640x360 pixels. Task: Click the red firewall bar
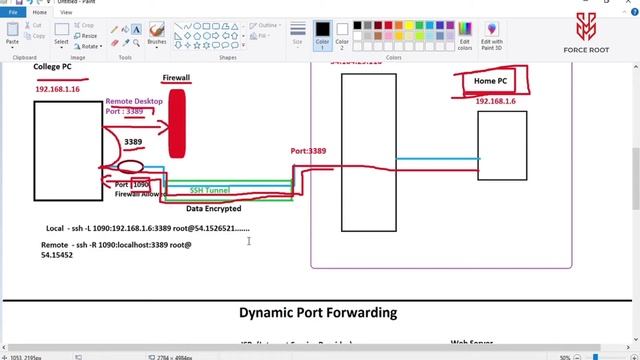(x=177, y=124)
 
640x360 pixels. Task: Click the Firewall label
(x=176, y=77)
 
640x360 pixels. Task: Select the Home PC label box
(x=489, y=81)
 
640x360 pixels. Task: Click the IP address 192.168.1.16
(x=57, y=89)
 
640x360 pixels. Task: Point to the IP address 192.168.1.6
(x=495, y=101)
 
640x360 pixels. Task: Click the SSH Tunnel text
(x=211, y=189)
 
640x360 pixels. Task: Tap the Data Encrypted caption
(x=213, y=209)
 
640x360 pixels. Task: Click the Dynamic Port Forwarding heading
(x=319, y=313)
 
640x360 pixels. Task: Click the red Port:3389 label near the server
(x=308, y=151)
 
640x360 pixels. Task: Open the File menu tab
(x=13, y=12)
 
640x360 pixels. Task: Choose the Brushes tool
(x=157, y=33)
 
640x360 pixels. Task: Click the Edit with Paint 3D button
(x=492, y=35)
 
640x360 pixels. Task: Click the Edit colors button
(x=465, y=35)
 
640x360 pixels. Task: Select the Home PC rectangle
(x=502, y=145)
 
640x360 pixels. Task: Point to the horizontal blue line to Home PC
(x=437, y=158)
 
